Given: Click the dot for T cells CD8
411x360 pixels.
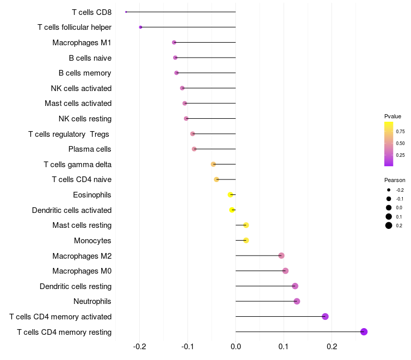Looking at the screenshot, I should [126, 12].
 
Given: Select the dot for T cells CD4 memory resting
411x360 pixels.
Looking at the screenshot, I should [364, 332].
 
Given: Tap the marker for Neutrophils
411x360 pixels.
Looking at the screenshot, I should [296, 301].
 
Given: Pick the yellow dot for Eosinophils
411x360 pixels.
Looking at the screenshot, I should [231, 194].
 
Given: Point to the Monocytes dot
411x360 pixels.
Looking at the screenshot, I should [246, 240].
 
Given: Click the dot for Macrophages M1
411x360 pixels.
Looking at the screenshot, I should [174, 42].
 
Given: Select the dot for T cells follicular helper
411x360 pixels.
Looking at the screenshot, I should [141, 27].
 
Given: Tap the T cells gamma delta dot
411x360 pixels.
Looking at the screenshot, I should [213, 164].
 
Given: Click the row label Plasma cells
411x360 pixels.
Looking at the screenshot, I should [90, 149].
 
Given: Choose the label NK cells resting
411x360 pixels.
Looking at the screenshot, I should [85, 119].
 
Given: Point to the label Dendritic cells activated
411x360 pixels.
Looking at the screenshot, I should [72, 210].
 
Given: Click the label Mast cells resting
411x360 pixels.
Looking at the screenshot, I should [82, 225].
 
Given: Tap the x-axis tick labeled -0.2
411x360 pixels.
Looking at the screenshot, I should [140, 347].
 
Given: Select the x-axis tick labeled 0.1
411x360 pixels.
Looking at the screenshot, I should [284, 347].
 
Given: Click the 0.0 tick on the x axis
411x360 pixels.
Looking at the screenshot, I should [236, 347].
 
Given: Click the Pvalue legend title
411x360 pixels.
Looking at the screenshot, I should [393, 116].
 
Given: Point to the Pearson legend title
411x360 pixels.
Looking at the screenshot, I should [395, 181].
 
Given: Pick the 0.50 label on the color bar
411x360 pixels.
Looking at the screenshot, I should [400, 143].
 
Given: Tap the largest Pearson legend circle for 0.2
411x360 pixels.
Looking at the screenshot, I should [389, 225].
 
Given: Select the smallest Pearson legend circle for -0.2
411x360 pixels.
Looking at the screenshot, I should [389, 190].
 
